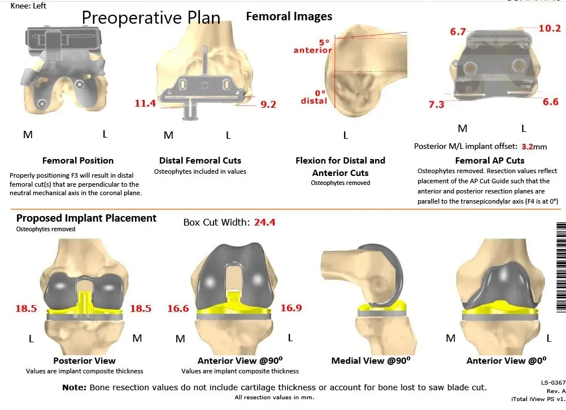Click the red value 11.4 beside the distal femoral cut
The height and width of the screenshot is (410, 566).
click(x=145, y=103)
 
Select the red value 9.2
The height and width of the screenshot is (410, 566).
click(x=268, y=104)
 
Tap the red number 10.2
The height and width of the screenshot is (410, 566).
click(x=549, y=28)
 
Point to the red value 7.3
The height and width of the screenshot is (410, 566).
click(x=437, y=104)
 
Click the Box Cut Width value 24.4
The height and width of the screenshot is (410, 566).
click(x=264, y=222)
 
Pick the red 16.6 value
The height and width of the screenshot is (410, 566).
click(x=178, y=308)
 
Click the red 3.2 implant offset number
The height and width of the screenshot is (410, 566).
click(x=527, y=146)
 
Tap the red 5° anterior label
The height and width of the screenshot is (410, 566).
click(x=312, y=46)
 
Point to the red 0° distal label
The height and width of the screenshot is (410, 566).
click(x=314, y=97)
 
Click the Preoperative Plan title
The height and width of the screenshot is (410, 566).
click(x=151, y=17)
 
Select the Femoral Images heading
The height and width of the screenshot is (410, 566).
click(x=289, y=16)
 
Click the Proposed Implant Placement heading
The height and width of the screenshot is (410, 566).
click(x=86, y=218)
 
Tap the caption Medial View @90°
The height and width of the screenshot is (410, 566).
click(x=369, y=361)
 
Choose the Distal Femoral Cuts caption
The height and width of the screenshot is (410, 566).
click(x=200, y=161)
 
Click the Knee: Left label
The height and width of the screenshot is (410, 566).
click(x=29, y=6)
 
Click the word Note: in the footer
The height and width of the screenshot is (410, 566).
click(x=74, y=387)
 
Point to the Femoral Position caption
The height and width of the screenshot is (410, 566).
click(x=78, y=161)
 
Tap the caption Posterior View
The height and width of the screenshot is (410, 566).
click(x=84, y=361)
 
